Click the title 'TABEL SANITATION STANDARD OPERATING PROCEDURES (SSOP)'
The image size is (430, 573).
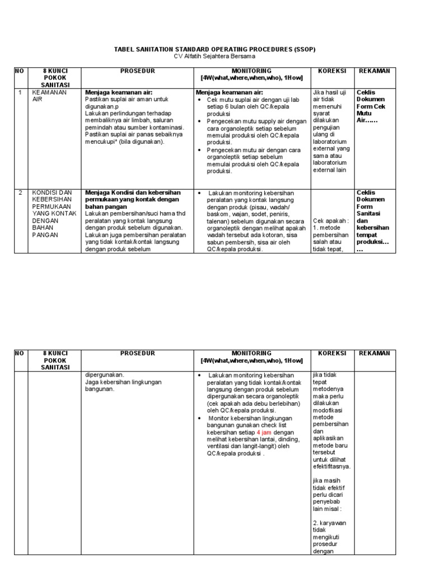[214, 49]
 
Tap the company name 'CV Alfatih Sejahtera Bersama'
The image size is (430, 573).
[214, 57]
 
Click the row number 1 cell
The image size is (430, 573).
[20, 92]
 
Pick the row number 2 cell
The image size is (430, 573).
[20, 192]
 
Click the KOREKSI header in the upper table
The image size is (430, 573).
[332, 71]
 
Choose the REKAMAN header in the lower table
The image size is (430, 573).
[374, 353]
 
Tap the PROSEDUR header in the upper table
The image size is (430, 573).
[137, 71]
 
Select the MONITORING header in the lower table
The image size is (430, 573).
[251, 357]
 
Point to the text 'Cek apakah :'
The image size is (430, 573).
[330, 221]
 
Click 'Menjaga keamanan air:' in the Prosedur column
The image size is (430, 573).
[119, 92]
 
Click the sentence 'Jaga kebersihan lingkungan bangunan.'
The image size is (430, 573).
[123, 386]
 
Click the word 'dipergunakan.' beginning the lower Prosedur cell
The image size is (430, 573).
[105, 375]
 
